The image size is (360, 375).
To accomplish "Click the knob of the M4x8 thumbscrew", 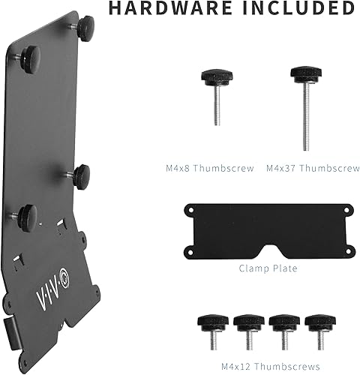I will (209, 79).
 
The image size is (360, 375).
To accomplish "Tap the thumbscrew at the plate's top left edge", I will (28, 55).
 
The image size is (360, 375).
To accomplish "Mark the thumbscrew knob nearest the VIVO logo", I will (26, 216).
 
